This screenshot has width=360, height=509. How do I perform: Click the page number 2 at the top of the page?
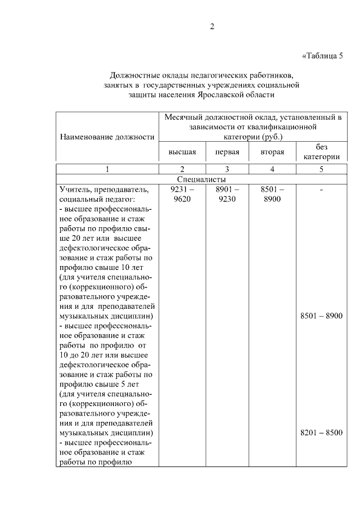(211, 26)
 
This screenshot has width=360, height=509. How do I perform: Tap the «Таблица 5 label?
(322, 55)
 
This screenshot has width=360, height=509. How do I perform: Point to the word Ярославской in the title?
(222, 95)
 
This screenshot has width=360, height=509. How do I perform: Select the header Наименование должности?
(107, 137)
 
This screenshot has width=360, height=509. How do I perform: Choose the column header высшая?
(182, 152)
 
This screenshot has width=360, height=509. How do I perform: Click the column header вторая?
(272, 152)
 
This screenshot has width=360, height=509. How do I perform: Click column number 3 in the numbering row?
(227, 169)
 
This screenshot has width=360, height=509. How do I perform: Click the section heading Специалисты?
(200, 179)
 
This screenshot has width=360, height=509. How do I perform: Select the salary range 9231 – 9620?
(182, 194)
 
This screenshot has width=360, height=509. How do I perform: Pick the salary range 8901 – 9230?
(227, 194)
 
